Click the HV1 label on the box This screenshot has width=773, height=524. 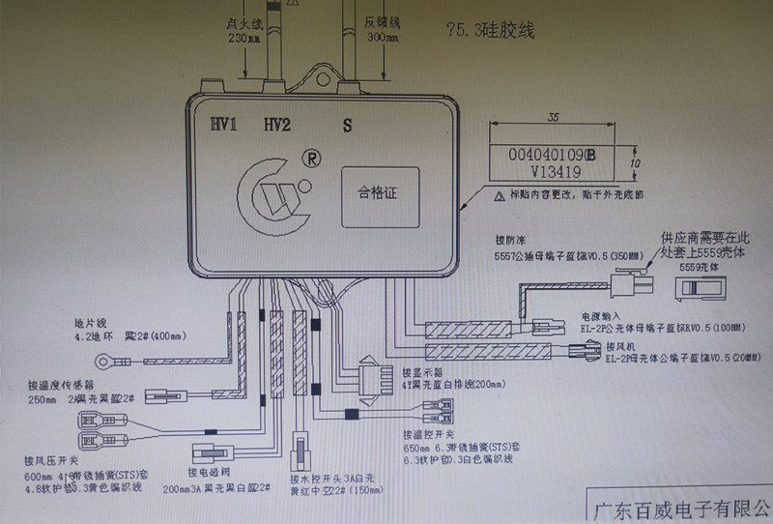(x=224, y=124)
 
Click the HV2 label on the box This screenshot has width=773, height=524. (x=278, y=124)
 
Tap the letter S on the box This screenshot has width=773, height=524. (x=346, y=125)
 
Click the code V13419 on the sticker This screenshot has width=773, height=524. (x=530, y=173)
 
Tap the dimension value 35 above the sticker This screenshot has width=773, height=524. (x=553, y=117)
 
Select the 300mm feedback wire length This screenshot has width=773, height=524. (x=372, y=40)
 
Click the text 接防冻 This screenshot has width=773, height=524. (x=508, y=238)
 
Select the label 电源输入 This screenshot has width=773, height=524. (x=599, y=316)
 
